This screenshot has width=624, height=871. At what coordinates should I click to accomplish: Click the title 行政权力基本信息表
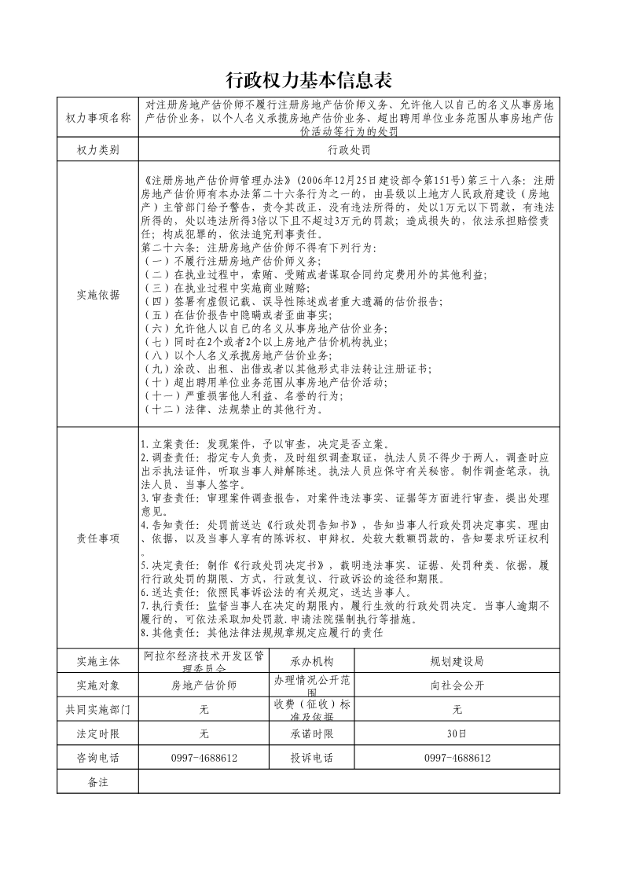(308, 80)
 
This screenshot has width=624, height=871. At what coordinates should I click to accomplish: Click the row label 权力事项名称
(98, 118)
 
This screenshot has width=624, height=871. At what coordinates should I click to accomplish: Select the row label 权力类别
(98, 149)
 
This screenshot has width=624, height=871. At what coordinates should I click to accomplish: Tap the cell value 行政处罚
(350, 149)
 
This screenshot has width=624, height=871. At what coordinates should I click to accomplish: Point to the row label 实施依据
(98, 296)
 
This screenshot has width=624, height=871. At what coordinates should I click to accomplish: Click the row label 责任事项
(98, 538)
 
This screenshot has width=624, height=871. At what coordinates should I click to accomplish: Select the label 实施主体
(98, 661)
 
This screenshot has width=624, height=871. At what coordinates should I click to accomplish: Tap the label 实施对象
(98, 685)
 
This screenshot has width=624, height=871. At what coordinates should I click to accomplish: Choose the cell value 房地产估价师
(204, 685)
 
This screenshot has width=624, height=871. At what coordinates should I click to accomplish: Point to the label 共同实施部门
(98, 709)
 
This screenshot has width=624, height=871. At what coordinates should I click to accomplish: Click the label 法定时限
(98, 733)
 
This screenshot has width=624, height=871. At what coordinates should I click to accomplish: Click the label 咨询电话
(98, 758)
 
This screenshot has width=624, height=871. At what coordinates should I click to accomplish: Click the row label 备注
(98, 782)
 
